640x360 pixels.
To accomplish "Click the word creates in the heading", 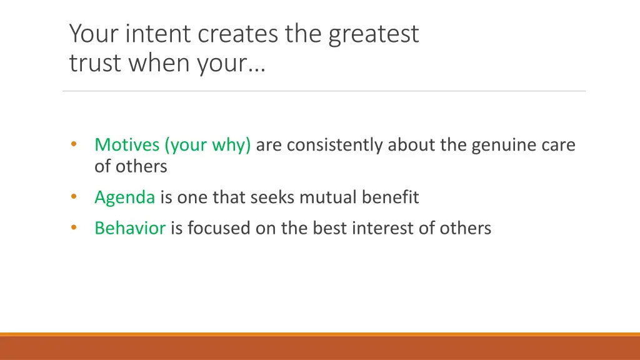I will point(239,34).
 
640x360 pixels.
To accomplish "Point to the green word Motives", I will point(127,145).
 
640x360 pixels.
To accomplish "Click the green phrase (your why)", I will point(207,146).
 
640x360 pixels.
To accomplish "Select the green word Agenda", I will point(124,198).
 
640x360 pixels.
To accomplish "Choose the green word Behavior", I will point(130,228).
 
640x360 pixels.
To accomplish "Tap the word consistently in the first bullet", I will point(335,146).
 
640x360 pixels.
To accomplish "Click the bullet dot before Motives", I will point(73,144).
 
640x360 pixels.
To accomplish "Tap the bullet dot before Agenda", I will point(73,197).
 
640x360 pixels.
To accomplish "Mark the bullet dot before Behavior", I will point(73,227).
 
